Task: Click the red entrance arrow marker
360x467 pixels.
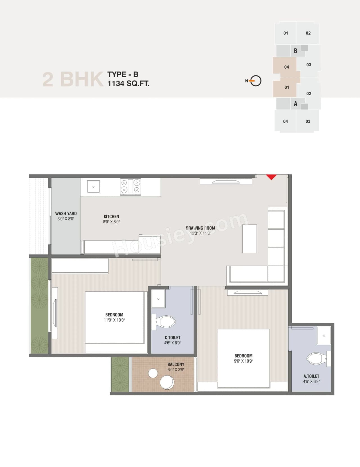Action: point(271,177)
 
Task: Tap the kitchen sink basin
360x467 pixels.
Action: point(93,187)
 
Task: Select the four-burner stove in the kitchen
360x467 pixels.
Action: point(130,186)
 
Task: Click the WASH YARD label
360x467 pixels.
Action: point(66,214)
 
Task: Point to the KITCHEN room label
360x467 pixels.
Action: point(111,217)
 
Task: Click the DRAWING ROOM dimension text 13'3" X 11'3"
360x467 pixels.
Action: point(200,233)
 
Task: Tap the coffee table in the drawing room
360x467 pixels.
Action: point(250,239)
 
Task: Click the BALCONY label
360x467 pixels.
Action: point(176,365)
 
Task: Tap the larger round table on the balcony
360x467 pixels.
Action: point(167,383)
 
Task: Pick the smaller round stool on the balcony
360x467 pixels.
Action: point(153,373)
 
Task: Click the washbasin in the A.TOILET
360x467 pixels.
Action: point(324,336)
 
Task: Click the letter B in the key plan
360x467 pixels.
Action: point(295,51)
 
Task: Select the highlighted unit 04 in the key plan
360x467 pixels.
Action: point(286,67)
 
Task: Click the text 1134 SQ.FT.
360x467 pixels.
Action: point(128,84)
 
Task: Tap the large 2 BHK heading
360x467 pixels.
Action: point(73,79)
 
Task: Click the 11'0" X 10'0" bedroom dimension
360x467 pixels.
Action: point(114,320)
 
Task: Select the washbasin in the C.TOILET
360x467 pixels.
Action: point(158,299)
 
